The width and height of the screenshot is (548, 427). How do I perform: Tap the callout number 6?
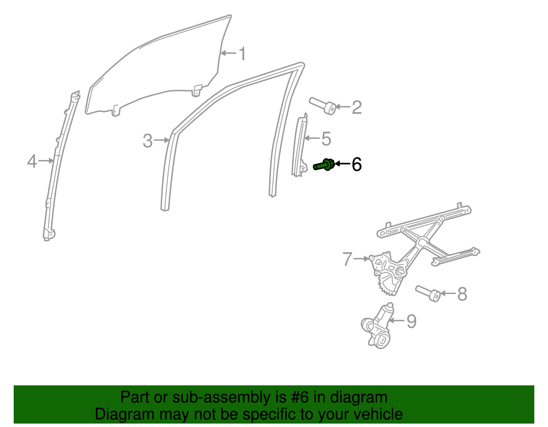click(357, 165)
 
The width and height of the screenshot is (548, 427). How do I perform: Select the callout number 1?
click(242, 54)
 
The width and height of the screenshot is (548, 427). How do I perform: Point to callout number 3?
click(148, 141)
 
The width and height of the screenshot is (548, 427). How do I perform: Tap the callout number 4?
click(32, 161)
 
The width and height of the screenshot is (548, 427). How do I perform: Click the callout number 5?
click(326, 139)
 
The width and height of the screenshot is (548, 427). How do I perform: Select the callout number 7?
click(347, 259)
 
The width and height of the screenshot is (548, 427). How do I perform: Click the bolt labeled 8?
click(428, 293)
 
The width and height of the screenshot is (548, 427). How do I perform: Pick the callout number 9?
click(411, 321)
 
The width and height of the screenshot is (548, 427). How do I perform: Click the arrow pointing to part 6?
click(342, 164)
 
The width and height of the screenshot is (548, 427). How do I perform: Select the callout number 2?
click(357, 108)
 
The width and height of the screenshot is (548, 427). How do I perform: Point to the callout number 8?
click(462, 294)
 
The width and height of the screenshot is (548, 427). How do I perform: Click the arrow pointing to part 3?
click(162, 140)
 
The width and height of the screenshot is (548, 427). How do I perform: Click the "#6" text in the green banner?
click(300, 398)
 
